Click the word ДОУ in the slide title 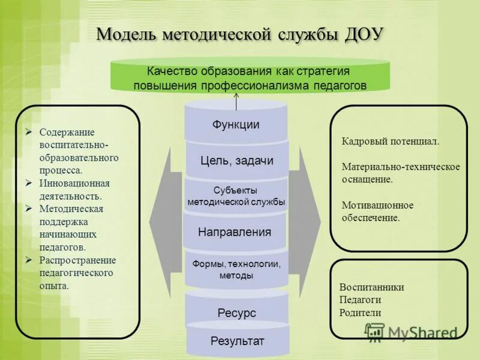(364, 34)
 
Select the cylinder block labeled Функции (236, 125)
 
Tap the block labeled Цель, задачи (236, 160)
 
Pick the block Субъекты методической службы (236, 196)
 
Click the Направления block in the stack (235, 232)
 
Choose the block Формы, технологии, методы (236, 269)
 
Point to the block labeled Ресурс (236, 313)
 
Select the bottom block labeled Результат (237, 341)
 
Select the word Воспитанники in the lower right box (371, 287)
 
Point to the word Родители (360, 313)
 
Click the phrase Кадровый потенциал (391, 142)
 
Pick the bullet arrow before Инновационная (29, 183)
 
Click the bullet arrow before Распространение (29, 260)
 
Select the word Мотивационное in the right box (377, 205)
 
